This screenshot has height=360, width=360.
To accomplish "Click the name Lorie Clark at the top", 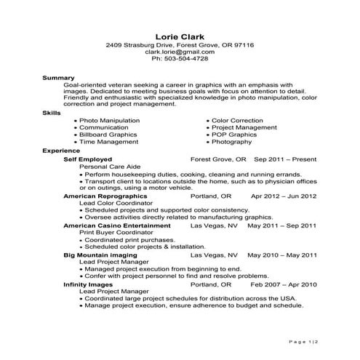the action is click(x=180, y=36).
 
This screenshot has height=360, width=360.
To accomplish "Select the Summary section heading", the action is click(x=59, y=76).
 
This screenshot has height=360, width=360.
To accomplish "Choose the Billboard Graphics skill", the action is click(x=108, y=135).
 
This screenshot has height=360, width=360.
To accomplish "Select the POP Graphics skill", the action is click(x=234, y=135).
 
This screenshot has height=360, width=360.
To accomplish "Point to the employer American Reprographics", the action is click(x=105, y=196).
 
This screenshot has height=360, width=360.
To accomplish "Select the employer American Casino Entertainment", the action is click(x=116, y=225).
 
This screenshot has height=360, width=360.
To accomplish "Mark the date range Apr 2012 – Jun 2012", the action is click(x=284, y=196).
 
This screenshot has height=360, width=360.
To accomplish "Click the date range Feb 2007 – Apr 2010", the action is click(x=284, y=284).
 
